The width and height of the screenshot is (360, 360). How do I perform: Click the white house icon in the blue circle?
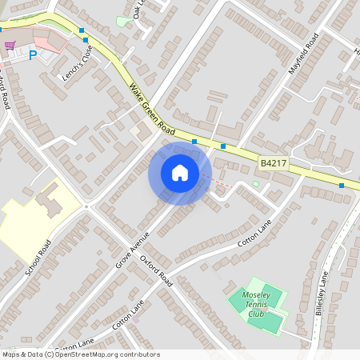click(180, 173)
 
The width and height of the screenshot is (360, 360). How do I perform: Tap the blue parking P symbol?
click(33, 55)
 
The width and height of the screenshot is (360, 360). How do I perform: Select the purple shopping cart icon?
click(10, 46)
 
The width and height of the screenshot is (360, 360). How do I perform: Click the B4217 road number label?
click(273, 163)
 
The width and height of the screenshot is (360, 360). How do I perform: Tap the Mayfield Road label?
click(304, 54)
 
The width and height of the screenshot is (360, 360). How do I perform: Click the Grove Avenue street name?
click(132, 250)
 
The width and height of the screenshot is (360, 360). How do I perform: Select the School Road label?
click(38, 258)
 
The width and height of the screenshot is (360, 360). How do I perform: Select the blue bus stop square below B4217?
click(342, 186)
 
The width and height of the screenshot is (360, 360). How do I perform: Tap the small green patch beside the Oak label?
click(122, 22)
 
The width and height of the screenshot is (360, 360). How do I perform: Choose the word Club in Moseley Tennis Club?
click(256, 314)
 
